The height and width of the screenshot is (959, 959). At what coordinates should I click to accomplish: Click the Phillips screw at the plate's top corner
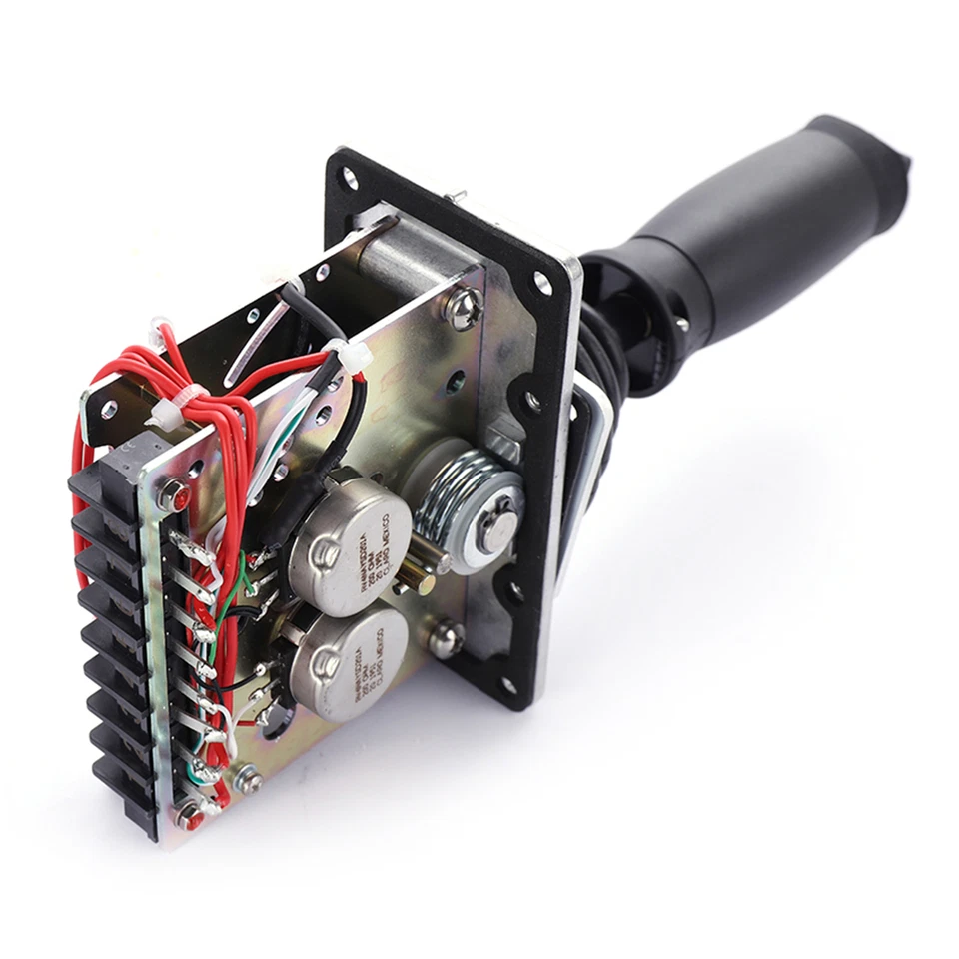(x=462, y=309)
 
